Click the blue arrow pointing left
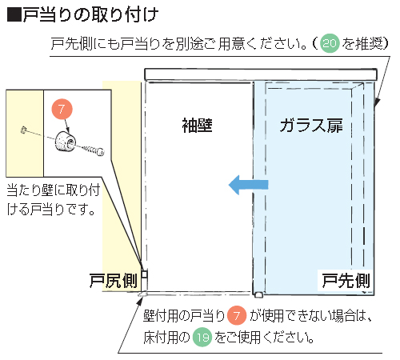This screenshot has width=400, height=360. click(248, 185)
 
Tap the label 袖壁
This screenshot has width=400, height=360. click(197, 126)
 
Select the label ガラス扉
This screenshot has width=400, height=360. click(311, 126)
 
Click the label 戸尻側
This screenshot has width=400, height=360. click(114, 281)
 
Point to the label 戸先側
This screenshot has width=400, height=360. click(346, 281)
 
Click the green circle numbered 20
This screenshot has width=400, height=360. click(330, 43)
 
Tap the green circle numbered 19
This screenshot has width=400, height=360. click(202, 337)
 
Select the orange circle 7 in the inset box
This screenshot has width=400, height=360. click(62, 109)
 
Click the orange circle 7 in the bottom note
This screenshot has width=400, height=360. click(237, 316)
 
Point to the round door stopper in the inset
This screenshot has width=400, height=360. click(66, 142)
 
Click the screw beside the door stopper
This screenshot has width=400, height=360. click(92, 150)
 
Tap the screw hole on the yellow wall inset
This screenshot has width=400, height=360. click(23, 130)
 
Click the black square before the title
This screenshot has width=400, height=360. click(14, 14)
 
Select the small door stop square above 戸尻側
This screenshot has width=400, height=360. click(144, 274)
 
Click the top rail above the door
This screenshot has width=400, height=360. click(261, 74)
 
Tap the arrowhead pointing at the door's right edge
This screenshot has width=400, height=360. click(377, 102)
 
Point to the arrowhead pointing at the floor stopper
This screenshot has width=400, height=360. click(139, 301)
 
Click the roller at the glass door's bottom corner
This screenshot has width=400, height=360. click(258, 294)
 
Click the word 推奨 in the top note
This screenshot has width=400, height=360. click(368, 43)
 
